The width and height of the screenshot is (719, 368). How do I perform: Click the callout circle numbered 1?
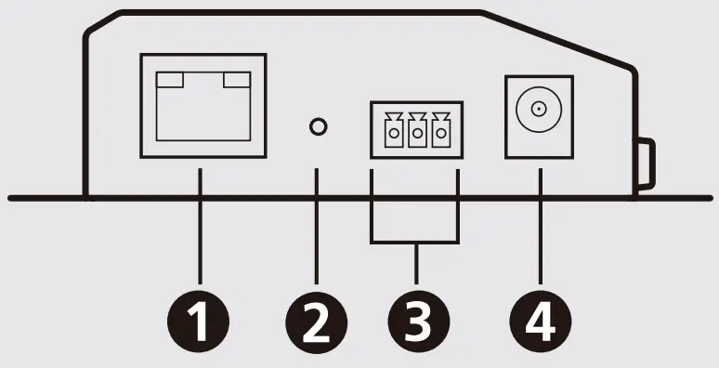tap(199, 322)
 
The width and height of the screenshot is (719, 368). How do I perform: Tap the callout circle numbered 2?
tap(316, 322)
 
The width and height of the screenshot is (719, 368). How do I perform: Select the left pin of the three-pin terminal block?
tap(394, 134)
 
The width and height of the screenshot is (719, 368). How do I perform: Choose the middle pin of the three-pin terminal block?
tap(416, 134)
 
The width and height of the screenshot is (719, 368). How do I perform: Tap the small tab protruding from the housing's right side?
tap(647, 162)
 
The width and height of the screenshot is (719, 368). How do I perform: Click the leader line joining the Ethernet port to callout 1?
tap(199, 232)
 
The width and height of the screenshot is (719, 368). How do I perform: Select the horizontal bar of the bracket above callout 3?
tap(415, 243)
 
